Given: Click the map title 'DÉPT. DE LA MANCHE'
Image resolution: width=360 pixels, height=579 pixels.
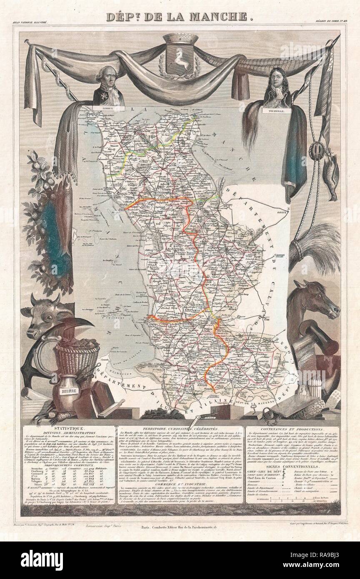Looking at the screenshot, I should click(x=180, y=17).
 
